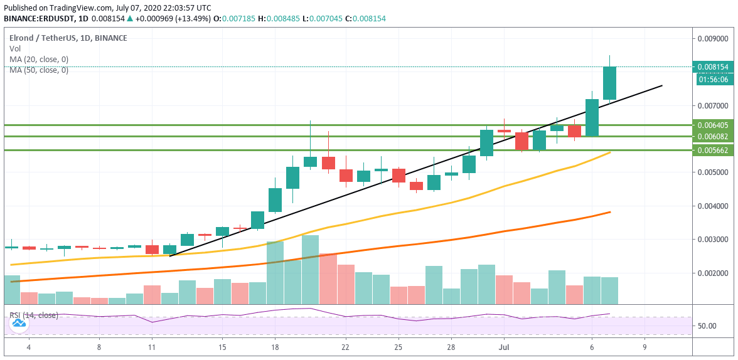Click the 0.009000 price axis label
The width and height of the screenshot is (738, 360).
(714, 38)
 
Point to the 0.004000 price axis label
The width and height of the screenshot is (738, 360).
(714, 206)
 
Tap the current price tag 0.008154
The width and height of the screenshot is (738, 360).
(714, 66)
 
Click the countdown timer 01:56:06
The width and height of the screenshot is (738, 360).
(714, 79)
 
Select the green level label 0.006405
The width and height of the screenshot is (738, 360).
(714, 125)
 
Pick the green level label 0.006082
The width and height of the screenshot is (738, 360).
(714, 136)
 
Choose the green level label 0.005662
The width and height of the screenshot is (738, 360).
(714, 150)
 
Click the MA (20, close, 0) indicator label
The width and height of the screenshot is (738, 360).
(39, 59)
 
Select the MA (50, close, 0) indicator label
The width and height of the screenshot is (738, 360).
(39, 70)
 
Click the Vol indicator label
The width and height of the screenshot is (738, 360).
(14, 48)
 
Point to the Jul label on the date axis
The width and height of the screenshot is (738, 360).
(504, 346)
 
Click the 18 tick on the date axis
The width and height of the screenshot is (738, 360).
(275, 346)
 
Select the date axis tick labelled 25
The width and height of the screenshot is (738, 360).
(398, 346)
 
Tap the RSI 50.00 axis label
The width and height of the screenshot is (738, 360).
(708, 326)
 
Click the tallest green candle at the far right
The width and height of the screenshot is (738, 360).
(609, 83)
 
